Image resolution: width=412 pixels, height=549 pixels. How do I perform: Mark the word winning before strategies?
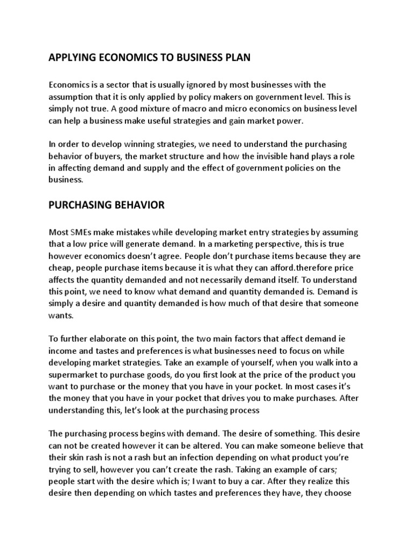point(142,145)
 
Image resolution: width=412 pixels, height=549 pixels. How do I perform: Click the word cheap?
point(61,267)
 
